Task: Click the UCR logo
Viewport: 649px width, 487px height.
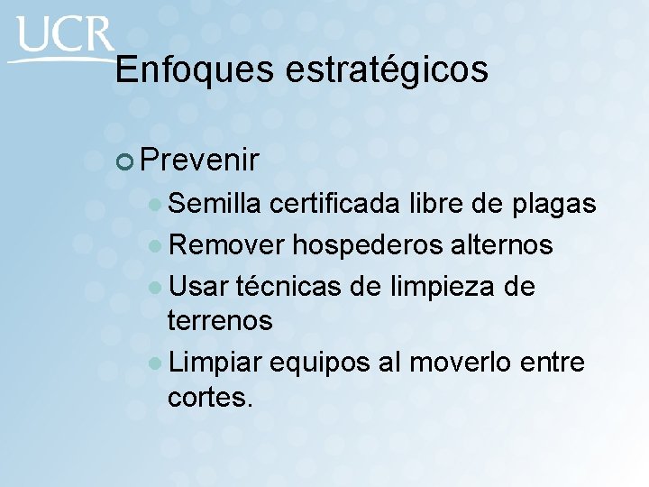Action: click(x=63, y=39)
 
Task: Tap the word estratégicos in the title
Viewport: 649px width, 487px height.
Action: click(x=387, y=69)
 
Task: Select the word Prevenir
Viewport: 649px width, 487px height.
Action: click(x=200, y=161)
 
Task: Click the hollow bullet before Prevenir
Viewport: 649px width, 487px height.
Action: click(x=125, y=161)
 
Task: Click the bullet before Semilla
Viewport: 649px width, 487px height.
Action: click(x=157, y=206)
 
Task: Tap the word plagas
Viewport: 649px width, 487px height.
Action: click(x=553, y=205)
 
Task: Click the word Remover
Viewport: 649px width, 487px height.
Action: click(x=227, y=245)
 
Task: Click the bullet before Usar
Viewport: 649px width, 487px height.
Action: click(x=157, y=288)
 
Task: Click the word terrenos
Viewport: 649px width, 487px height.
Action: click(x=220, y=320)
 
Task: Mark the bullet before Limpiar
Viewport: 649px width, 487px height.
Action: click(x=157, y=363)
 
